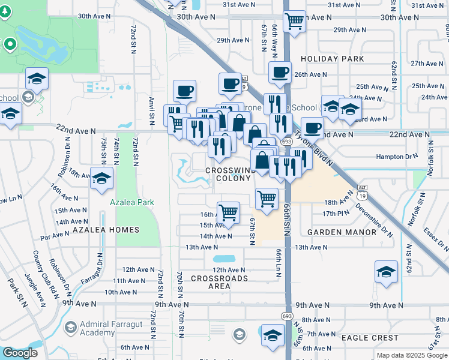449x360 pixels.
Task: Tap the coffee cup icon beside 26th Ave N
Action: tap(280, 73)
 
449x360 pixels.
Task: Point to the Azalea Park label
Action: tap(132, 202)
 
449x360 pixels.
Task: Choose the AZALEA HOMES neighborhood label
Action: tap(106, 230)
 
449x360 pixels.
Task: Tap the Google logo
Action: tap(20, 353)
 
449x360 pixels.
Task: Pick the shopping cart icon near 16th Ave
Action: tap(228, 212)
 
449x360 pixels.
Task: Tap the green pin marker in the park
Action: tap(10, 44)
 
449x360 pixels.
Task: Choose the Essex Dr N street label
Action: tap(434, 238)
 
